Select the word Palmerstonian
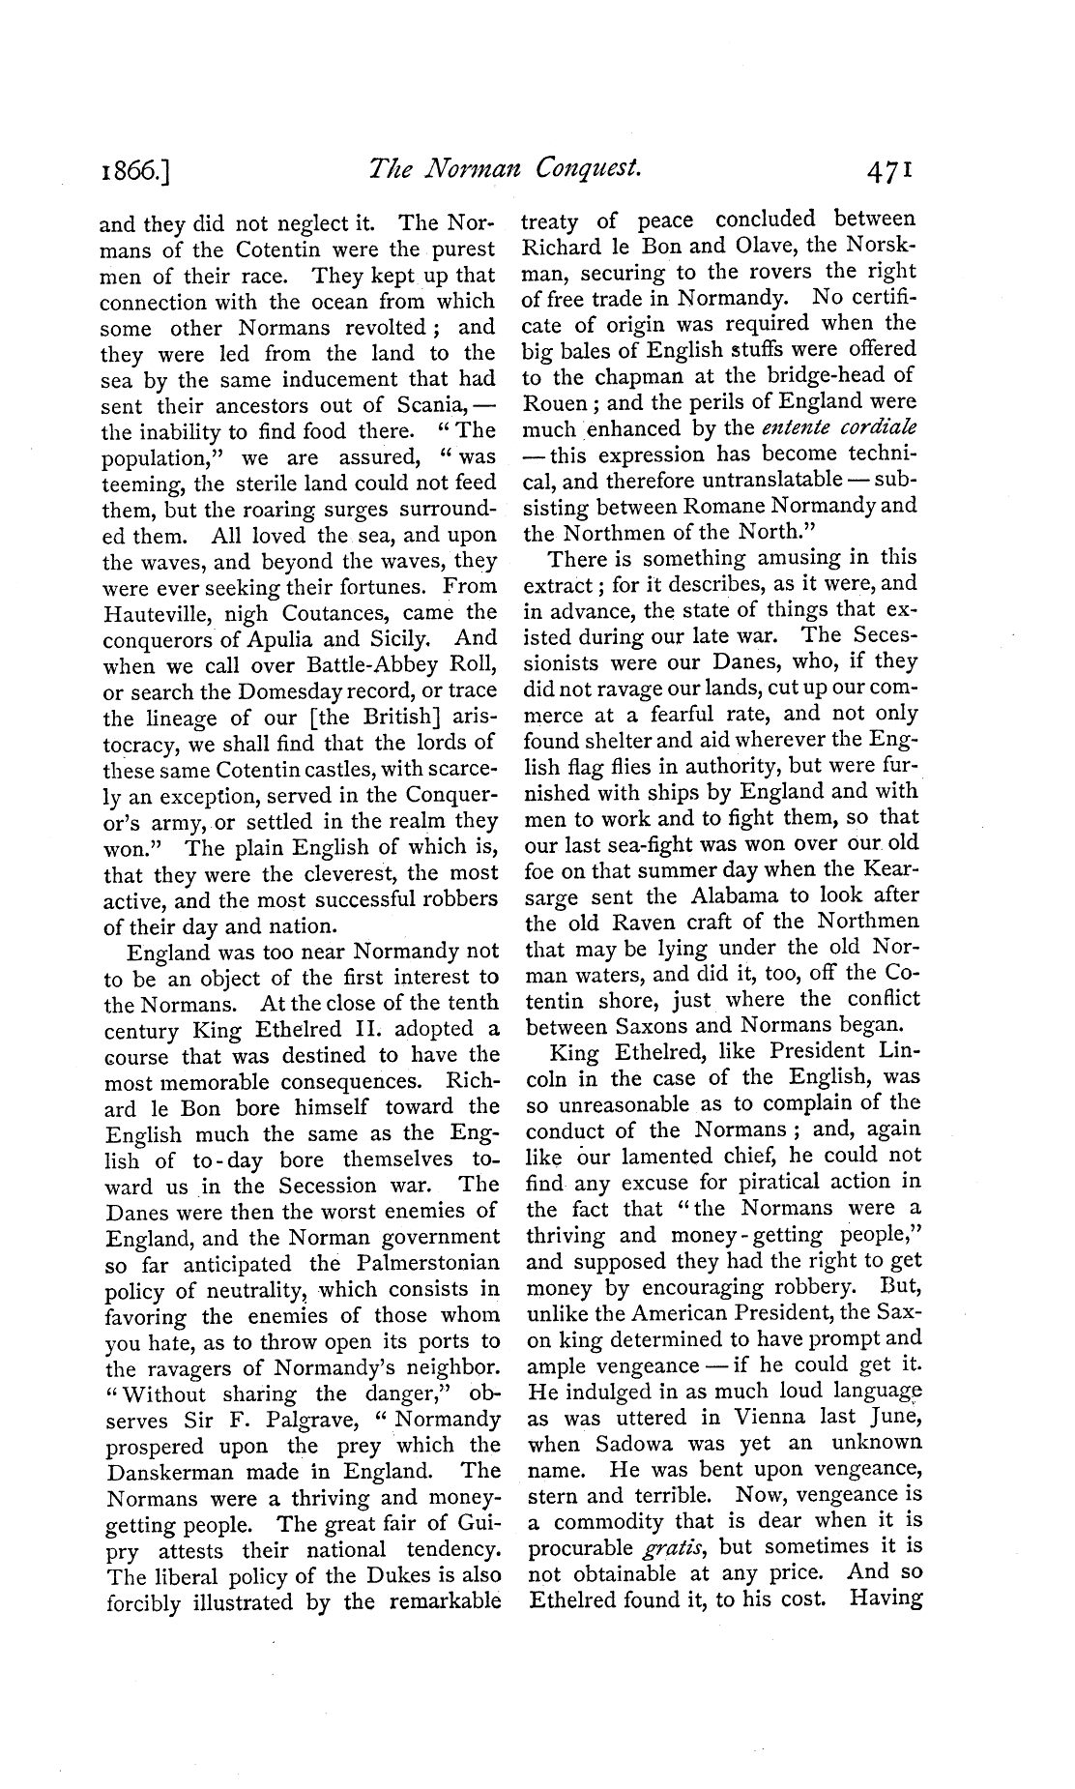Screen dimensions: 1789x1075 coord(418,1263)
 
